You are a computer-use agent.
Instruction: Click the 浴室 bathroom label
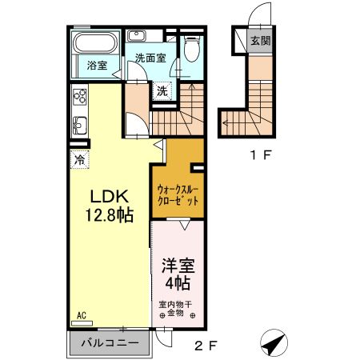tap(97, 66)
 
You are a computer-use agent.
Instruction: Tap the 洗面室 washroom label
tap(150, 58)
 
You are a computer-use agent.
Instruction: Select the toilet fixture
tap(190, 50)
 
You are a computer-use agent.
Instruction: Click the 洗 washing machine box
tap(162, 90)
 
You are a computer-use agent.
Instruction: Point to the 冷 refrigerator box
tap(80, 160)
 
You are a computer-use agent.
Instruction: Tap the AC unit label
tap(81, 316)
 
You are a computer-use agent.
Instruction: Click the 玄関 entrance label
tap(260, 41)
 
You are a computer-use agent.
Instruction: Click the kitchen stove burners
tap(80, 98)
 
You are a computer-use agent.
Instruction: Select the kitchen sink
tap(80, 126)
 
